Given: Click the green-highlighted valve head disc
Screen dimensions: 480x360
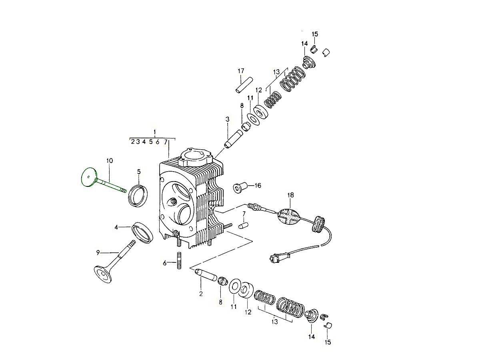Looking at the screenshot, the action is [89, 177].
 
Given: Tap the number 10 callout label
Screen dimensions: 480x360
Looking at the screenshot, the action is [109, 161].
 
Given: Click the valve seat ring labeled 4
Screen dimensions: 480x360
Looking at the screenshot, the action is [142, 232].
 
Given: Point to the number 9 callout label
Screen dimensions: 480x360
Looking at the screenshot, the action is [98, 253].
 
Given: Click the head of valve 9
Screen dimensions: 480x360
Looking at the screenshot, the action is [103, 274].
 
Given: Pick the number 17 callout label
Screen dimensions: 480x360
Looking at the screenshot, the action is [241, 71].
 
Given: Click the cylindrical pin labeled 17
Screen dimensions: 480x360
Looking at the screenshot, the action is [244, 85].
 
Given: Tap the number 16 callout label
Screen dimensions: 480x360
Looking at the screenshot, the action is [258, 186].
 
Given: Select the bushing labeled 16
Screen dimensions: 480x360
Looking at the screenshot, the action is [240, 188].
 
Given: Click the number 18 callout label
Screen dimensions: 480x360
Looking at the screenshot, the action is [290, 195].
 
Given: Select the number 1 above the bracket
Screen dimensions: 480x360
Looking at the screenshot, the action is [155, 132].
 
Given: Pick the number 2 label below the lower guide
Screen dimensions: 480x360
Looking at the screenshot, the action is [201, 294].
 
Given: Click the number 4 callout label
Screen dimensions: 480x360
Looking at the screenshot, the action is [116, 228].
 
